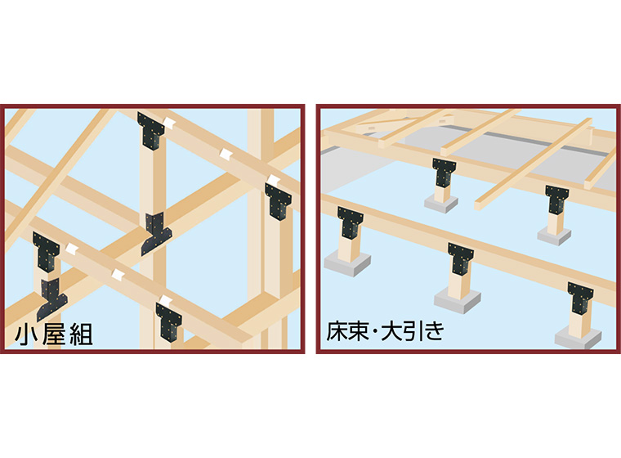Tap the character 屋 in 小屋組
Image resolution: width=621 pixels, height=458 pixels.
pos(53,335)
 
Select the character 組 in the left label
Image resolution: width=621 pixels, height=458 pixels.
pos(81,335)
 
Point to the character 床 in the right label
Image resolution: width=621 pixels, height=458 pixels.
pos(337,331)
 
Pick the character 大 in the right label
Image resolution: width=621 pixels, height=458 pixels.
pos(391,331)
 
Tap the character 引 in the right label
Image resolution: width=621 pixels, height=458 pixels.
pos(414,331)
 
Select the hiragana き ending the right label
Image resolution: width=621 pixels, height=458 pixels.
pos(435,331)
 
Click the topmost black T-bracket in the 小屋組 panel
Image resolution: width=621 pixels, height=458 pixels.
pos(151,130)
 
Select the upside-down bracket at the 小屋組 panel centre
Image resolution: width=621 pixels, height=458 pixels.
pos(156,233)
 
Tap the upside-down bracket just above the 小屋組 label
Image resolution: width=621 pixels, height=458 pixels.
pos(51,299)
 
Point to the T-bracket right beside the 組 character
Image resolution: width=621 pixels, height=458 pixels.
pos(169,321)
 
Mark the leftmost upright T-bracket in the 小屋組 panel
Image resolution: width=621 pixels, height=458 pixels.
pos(47,252)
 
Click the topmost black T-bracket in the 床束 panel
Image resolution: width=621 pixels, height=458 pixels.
pos(444,173)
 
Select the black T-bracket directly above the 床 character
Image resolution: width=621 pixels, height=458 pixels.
pos(351,222)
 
